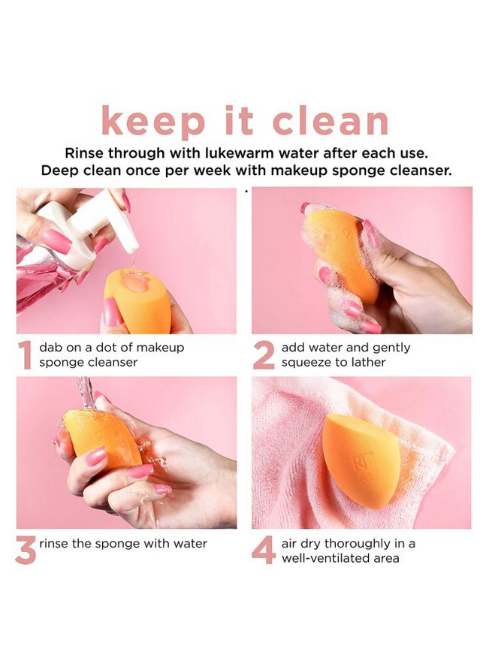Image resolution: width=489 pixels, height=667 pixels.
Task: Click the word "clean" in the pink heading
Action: point(330,121)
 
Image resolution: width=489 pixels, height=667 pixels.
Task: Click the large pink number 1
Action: point(26,355)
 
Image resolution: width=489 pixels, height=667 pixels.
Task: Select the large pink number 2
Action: point(264,355)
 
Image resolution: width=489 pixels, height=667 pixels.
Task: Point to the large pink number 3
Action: point(26,550)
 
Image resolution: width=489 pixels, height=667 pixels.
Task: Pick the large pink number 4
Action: point(264,550)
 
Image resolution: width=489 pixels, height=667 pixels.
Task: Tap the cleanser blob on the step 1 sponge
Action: point(134,280)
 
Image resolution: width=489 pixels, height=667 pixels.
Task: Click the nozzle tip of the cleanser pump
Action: point(133,246)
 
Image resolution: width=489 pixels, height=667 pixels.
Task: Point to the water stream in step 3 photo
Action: point(84,392)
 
